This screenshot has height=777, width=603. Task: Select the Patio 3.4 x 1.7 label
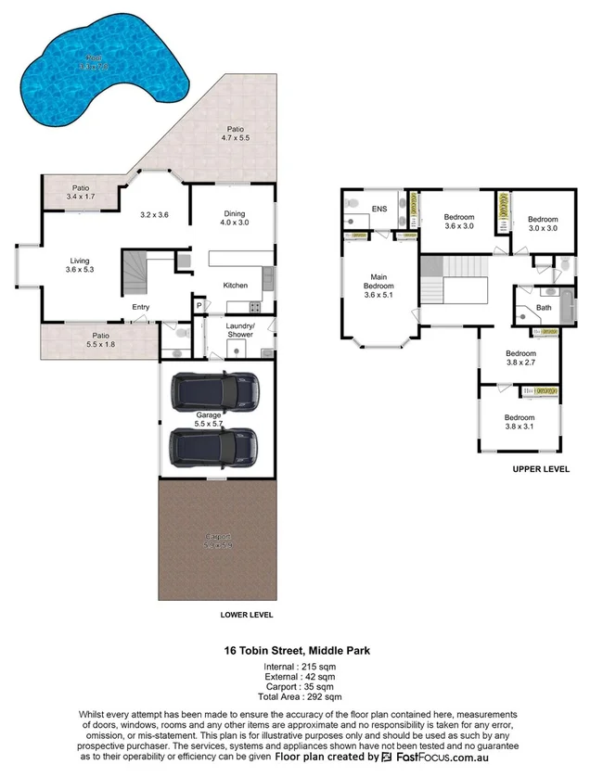pyautogui.click(x=82, y=192)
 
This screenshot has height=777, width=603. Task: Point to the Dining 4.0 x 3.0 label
pyautogui.click(x=234, y=218)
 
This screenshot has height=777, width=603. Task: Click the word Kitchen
pyautogui.click(x=236, y=285)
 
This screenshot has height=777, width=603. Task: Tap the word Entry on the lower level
pyautogui.click(x=140, y=307)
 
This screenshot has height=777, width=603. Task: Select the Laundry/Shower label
pyautogui.click(x=240, y=330)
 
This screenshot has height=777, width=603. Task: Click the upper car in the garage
pyautogui.click(x=215, y=392)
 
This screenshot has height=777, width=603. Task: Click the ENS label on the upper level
pyautogui.click(x=378, y=209)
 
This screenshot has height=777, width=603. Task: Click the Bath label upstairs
pyautogui.click(x=544, y=307)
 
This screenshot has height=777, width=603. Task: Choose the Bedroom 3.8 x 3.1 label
pyautogui.click(x=520, y=422)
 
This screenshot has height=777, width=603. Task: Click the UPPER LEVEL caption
pyautogui.click(x=541, y=469)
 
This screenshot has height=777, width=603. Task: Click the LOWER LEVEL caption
pyautogui.click(x=247, y=615)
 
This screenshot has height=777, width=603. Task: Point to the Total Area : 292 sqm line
pyautogui.click(x=300, y=696)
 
